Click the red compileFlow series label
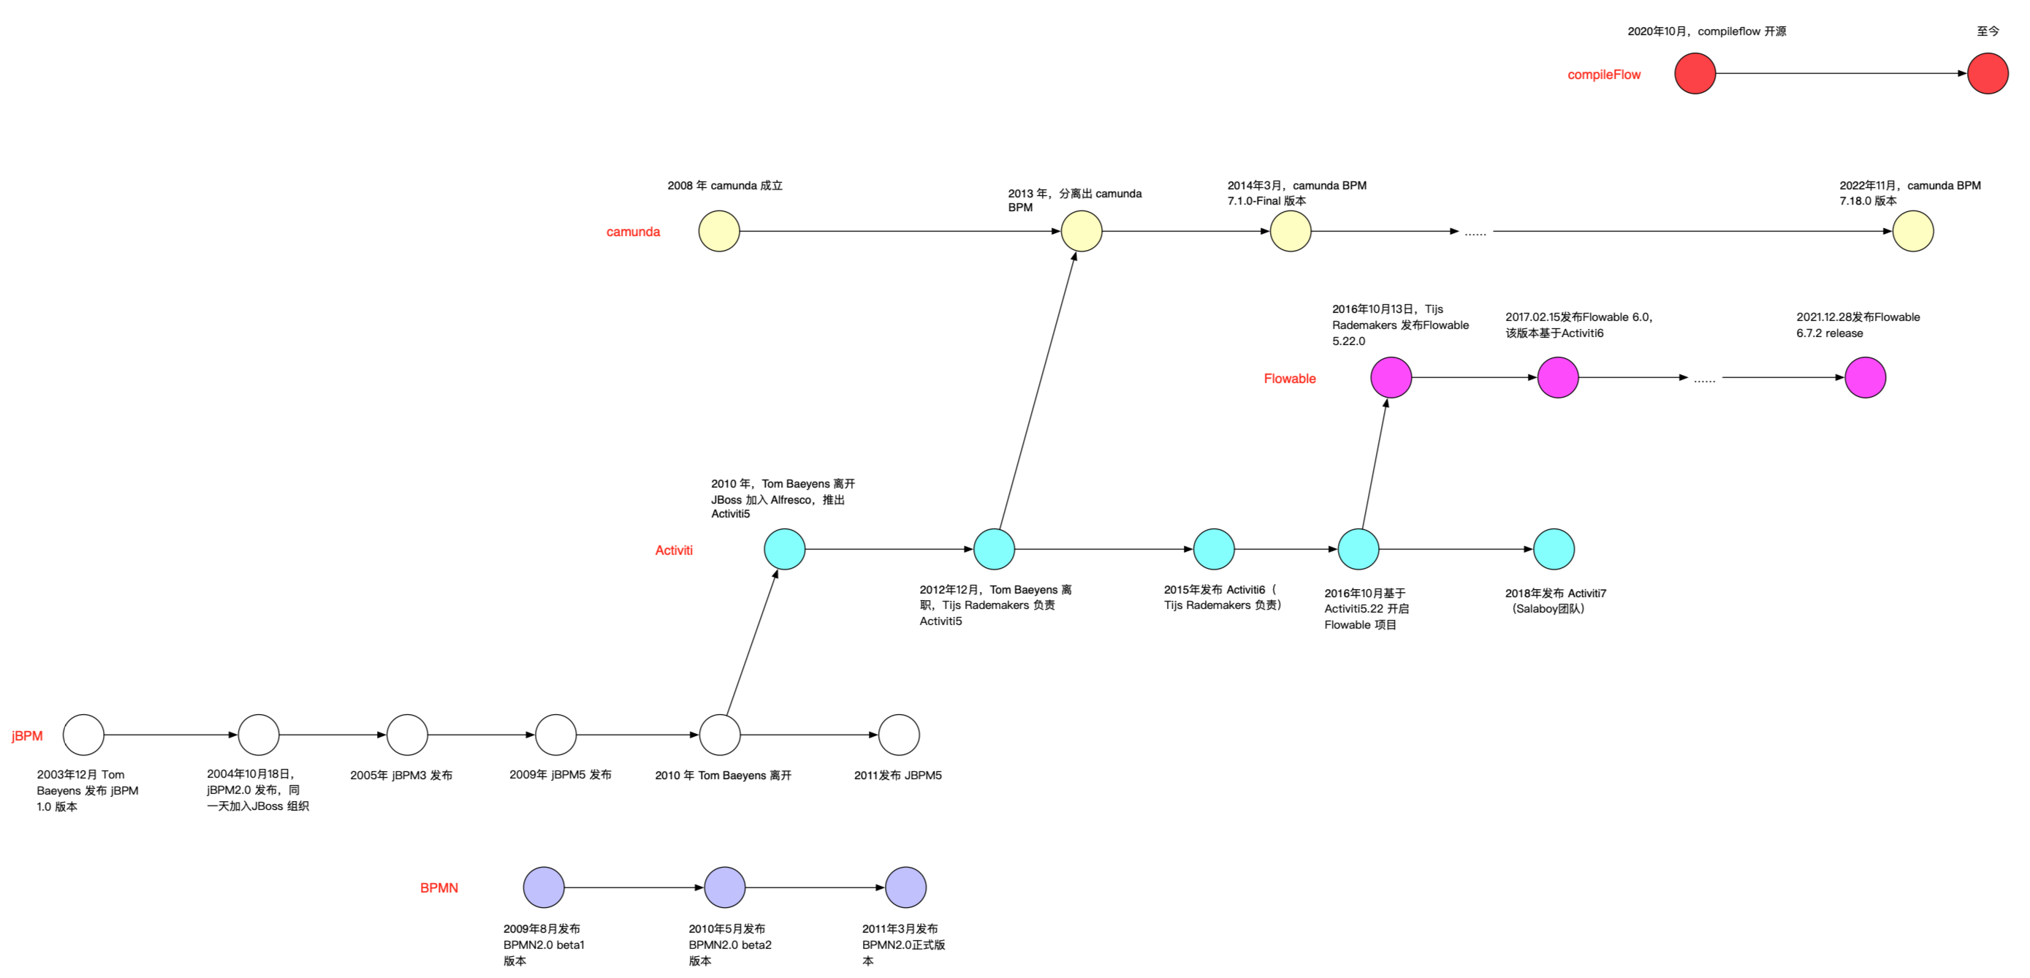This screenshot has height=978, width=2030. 1604,75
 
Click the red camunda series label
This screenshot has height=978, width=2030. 633,232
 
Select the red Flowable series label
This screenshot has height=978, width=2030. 1289,379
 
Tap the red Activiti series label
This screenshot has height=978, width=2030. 674,551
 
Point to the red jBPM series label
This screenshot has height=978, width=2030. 27,736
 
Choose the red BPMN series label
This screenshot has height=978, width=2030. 439,888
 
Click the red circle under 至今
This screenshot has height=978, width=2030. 1988,74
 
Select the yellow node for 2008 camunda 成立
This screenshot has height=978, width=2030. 719,232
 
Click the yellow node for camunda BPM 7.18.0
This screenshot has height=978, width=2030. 1912,232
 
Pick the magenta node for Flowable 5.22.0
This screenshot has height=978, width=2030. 1391,377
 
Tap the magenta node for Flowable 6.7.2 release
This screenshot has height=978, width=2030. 1865,377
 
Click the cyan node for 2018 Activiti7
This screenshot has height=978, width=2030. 1554,549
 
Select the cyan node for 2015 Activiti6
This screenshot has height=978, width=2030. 1214,549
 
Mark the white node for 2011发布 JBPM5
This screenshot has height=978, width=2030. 898,735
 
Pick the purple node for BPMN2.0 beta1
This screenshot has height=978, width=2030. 544,887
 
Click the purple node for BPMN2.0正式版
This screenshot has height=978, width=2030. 905,887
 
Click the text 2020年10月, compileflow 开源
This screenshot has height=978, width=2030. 1706,31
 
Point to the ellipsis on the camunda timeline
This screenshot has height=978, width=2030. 1475,232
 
